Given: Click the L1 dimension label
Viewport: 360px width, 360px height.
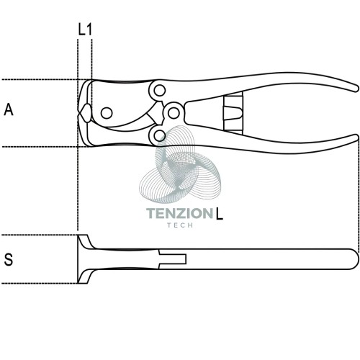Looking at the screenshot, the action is tap(85, 30).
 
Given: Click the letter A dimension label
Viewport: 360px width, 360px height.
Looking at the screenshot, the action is tap(9, 109).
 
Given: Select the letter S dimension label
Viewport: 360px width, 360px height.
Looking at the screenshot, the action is tap(9, 259).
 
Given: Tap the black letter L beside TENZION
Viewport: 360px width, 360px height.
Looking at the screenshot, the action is tap(220, 213).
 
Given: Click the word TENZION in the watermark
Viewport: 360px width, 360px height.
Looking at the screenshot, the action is tap(180, 213).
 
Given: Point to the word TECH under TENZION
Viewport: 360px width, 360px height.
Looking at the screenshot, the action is tap(180, 225).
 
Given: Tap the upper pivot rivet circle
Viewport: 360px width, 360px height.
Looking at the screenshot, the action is tap(160, 91).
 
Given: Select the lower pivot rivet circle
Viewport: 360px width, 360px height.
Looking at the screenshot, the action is tap(159, 135).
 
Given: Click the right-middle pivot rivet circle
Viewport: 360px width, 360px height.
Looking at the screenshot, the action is tap(174, 113).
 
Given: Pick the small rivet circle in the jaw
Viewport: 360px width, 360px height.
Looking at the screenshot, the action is tap(107, 113).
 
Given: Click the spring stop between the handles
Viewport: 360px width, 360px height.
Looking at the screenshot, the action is tap(233, 113).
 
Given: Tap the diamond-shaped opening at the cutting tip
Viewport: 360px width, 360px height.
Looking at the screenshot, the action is tap(85, 113).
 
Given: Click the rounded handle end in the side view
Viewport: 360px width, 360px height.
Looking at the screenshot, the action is tap(354, 259).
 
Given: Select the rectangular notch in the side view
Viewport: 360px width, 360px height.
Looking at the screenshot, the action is tap(173, 259).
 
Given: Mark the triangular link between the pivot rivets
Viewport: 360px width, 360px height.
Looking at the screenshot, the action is tap(156, 113).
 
